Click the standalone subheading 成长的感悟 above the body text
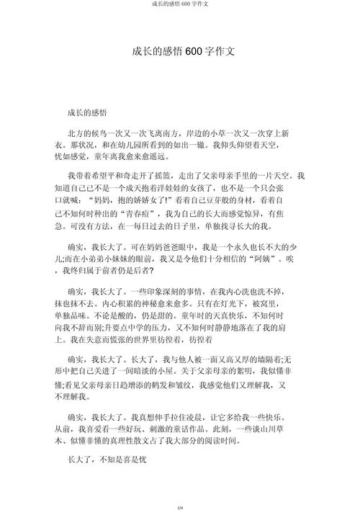click(87, 113)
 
